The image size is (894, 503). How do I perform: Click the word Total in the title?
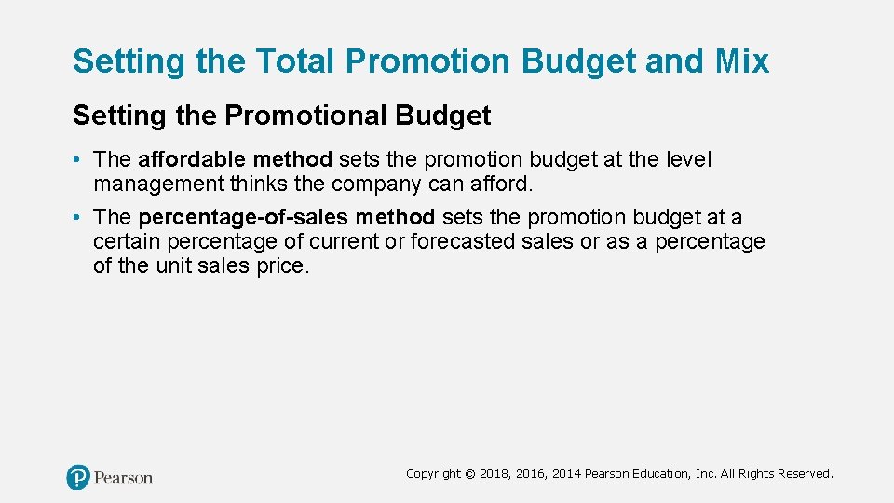click(291, 61)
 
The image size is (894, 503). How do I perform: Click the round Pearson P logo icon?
click(78, 478)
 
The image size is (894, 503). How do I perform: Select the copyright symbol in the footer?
click(470, 474)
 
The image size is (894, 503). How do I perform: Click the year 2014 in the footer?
click(566, 474)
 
